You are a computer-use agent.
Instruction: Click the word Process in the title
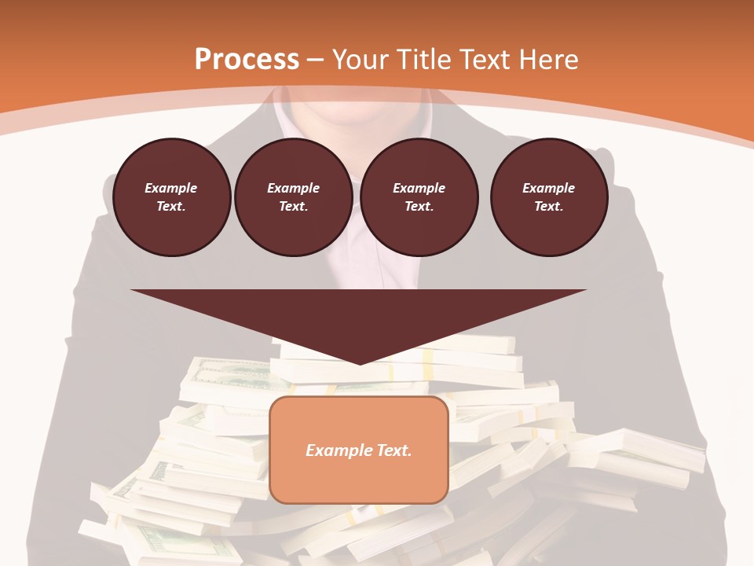(247, 60)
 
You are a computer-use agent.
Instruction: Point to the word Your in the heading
(361, 60)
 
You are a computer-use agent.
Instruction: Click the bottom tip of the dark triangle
(360, 363)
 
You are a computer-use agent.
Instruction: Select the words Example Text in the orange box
(359, 450)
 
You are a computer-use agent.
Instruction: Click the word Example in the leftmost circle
(171, 188)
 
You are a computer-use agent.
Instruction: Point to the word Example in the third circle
(419, 188)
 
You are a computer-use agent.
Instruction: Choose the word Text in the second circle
(292, 206)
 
